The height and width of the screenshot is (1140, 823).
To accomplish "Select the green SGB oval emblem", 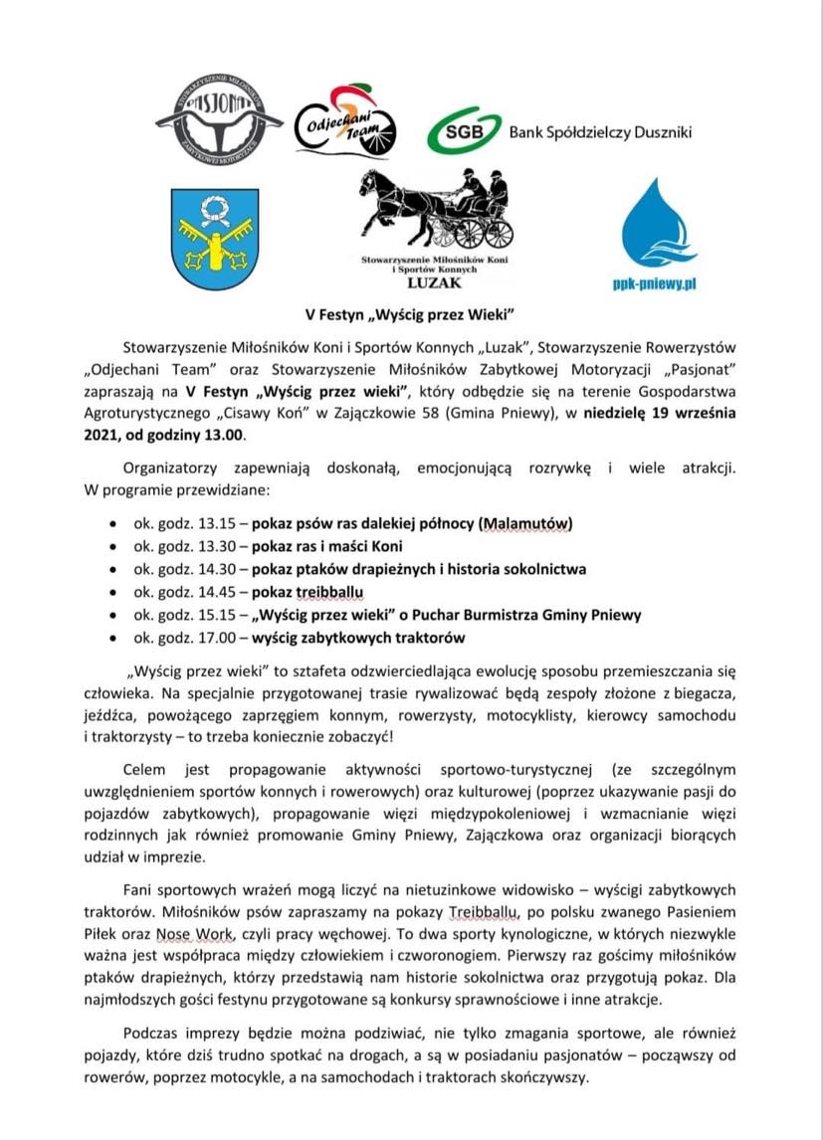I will pos(464,133).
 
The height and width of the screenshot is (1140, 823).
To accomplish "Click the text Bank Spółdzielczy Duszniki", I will pos(599,132).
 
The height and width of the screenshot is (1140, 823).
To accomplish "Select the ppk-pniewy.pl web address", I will pos(653,283).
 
